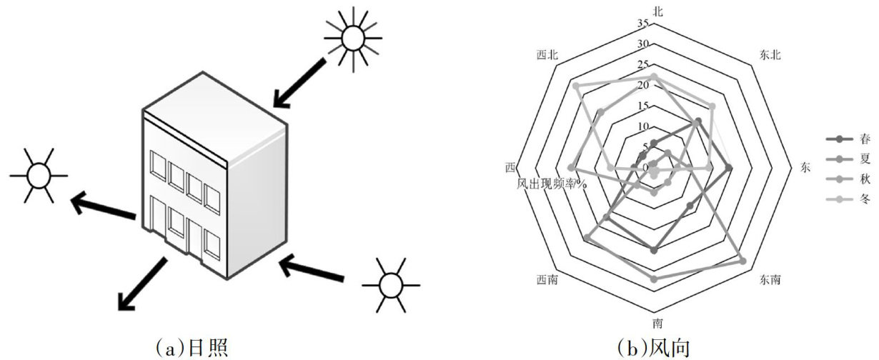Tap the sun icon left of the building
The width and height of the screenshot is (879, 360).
pos(38,175)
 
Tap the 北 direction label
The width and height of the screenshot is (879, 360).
pos(657,9)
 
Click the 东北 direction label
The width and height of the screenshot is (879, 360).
pos(770,56)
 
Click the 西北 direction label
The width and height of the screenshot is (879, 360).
pos(547,56)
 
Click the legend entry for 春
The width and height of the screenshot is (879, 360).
pos(848,139)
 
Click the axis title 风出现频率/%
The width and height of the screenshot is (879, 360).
pos(552,184)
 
